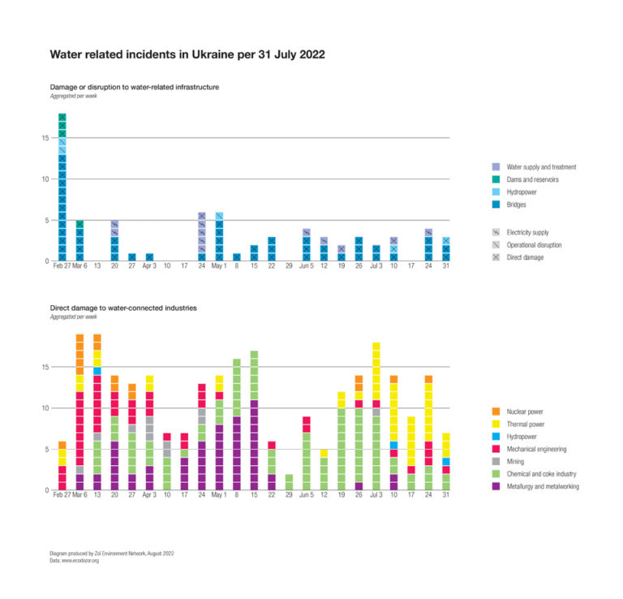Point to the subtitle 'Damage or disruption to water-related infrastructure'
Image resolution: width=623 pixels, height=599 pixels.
(x=134, y=87)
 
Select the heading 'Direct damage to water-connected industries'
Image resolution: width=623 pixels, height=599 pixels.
(x=122, y=308)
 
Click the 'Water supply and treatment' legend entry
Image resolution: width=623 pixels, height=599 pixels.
(x=540, y=167)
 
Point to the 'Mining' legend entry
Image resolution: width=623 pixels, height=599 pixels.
(x=515, y=461)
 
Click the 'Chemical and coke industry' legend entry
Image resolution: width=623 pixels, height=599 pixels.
(x=541, y=473)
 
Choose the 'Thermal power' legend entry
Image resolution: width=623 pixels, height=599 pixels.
(x=526, y=424)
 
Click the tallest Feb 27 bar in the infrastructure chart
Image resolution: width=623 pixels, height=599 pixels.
(x=62, y=187)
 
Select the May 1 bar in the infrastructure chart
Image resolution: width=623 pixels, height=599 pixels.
(x=219, y=236)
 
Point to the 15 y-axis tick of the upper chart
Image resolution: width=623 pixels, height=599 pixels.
(x=45, y=138)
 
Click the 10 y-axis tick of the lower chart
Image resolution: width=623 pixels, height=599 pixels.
(x=45, y=408)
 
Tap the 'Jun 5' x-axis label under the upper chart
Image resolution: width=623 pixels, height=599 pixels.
(x=306, y=266)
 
